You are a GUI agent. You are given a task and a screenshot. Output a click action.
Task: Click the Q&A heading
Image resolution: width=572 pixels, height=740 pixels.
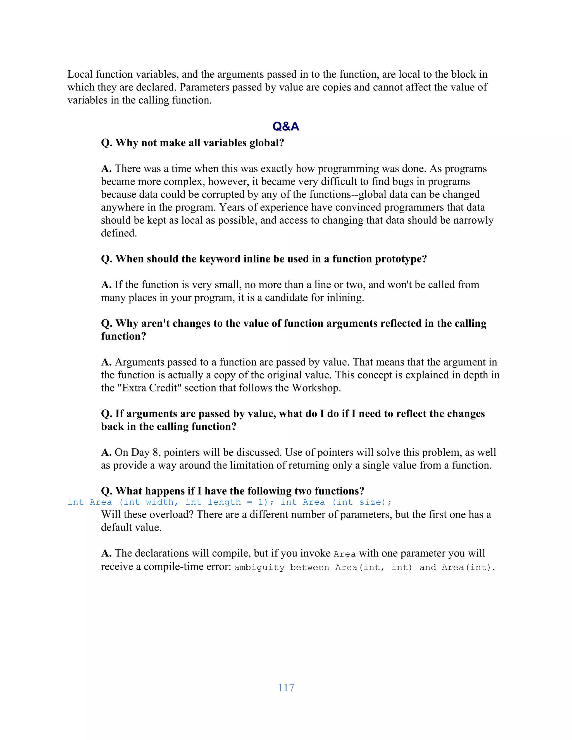click(x=286, y=126)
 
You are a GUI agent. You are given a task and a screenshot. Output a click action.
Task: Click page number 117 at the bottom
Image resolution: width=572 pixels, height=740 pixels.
click(x=286, y=688)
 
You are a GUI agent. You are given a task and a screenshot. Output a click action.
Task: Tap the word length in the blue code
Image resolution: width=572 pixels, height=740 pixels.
click(x=224, y=502)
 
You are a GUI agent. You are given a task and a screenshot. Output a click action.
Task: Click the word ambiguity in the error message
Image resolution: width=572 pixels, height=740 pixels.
click(x=259, y=567)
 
